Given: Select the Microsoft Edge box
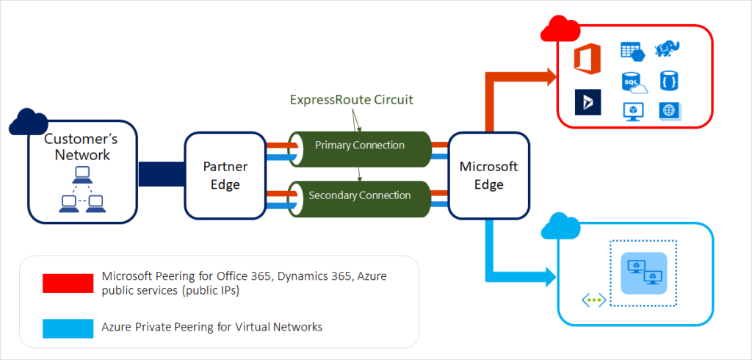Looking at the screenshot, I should pos(488,176).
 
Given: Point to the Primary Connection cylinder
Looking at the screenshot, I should pos(359,145).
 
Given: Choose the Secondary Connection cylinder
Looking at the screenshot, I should pos(359,195).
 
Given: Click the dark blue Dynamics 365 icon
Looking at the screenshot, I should pos(587,102).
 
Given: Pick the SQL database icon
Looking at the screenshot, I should pos(632,82).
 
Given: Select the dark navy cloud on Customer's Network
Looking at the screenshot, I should pos(29,122).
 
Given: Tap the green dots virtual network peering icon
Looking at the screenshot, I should pos(593,300).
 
